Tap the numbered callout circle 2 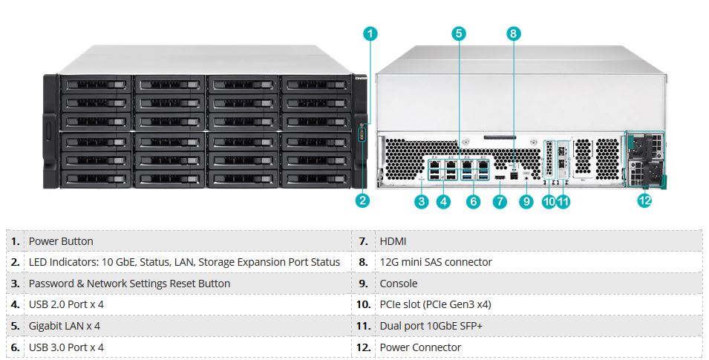tap(363, 200)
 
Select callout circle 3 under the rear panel tap(422, 201)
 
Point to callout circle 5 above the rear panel tap(459, 33)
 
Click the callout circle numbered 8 tap(514, 33)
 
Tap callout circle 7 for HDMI tap(500, 201)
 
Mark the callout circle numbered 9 tap(526, 201)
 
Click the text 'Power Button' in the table tap(61, 241)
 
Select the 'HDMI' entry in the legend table tap(393, 241)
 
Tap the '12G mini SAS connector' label tap(436, 262)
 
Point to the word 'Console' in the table tap(399, 284)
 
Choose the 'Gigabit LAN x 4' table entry tap(65, 326)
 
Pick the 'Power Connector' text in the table tap(420, 347)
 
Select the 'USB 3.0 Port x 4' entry tap(66, 347)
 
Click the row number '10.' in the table tap(363, 304)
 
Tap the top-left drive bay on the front tap(94, 84)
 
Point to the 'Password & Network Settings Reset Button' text tap(129, 284)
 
